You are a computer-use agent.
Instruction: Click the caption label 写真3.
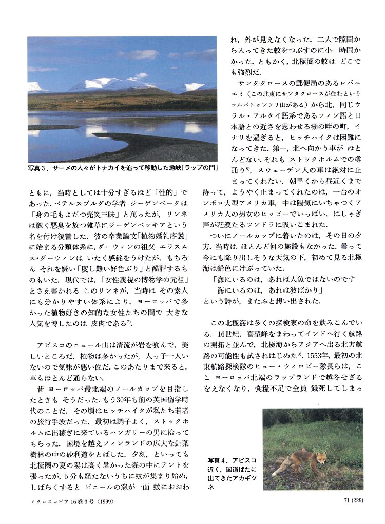point(40,168)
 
